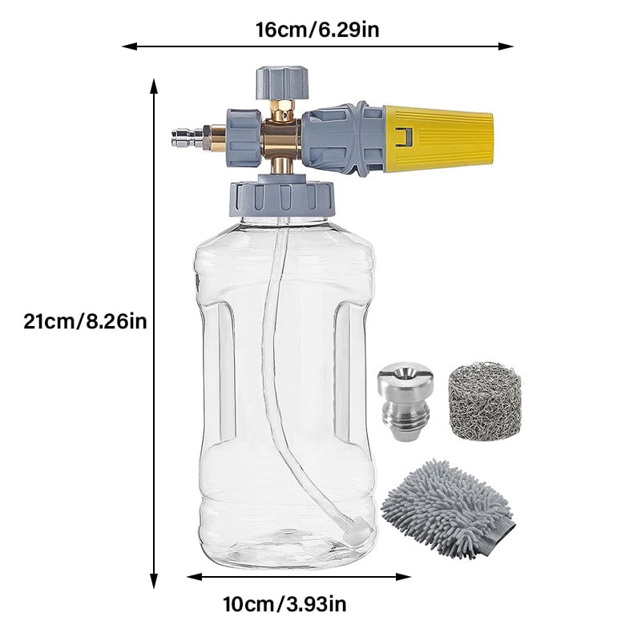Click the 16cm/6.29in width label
pos(317,30)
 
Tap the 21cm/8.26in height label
pos(85,321)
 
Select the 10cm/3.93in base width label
pos(285,604)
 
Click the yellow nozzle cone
pos(438,138)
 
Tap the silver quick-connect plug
pos(187,138)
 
